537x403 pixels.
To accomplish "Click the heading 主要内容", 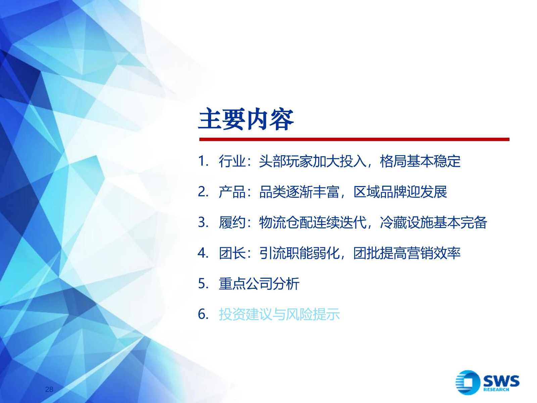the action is (246, 120).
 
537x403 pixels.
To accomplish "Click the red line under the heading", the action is (354, 139).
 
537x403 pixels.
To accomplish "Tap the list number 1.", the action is (203, 161).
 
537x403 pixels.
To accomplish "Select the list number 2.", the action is (203, 192).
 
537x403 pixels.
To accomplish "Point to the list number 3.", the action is (203, 222).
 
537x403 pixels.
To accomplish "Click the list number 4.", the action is (203, 253).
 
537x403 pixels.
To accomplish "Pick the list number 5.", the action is (203, 283).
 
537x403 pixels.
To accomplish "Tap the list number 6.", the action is (203, 314).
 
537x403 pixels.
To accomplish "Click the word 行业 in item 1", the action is (232, 161).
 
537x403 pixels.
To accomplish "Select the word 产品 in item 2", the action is (232, 192).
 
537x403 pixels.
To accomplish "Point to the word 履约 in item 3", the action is (232, 222).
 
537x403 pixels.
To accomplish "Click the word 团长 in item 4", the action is (232, 253).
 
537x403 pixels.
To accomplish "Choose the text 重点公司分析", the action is (259, 283).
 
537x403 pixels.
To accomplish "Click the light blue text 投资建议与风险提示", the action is (279, 314).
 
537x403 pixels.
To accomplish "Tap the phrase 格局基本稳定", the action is (420, 161).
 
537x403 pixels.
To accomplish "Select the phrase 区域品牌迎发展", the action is (400, 192).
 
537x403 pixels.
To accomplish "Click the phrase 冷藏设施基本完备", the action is (434, 222).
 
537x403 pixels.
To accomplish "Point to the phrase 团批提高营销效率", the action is (407, 253).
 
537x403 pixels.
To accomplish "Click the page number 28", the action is (49, 389).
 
